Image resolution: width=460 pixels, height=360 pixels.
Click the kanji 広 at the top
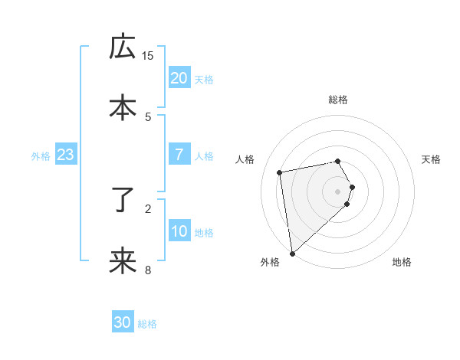coord(122,47)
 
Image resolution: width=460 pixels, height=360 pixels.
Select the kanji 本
coord(122,107)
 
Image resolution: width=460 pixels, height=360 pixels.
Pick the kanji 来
coord(122,261)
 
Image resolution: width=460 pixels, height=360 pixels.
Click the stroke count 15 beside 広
coord(148,55)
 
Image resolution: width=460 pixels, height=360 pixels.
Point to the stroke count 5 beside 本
coord(148,116)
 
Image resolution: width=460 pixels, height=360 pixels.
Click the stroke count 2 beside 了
coord(148,208)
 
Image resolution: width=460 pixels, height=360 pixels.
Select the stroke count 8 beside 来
coord(148,269)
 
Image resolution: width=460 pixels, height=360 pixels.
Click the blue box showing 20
coord(179,77)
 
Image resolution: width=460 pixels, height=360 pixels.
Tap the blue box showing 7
coord(179,155)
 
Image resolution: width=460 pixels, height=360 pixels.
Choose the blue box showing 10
coord(179,231)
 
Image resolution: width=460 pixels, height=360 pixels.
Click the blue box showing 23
coord(65,155)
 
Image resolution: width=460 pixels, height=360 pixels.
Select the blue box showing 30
coord(123,322)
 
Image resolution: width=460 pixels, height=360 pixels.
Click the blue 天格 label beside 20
coord(203,79)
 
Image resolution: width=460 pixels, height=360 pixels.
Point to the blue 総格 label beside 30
coord(147,324)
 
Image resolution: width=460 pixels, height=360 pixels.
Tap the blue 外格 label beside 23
coord(41,156)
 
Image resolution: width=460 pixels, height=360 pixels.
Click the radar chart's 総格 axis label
coord(338,100)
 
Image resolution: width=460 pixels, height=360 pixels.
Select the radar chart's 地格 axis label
coord(402,263)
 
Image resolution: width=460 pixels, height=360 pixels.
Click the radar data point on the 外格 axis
coord(292,253)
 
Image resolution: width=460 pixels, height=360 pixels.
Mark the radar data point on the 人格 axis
coord(280,172)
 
